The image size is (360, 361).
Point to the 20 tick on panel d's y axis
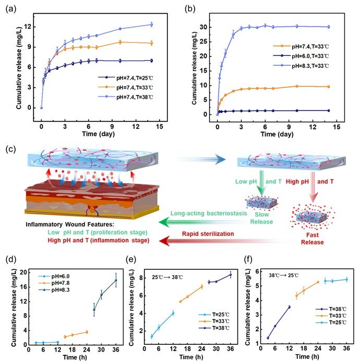click(25, 272)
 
